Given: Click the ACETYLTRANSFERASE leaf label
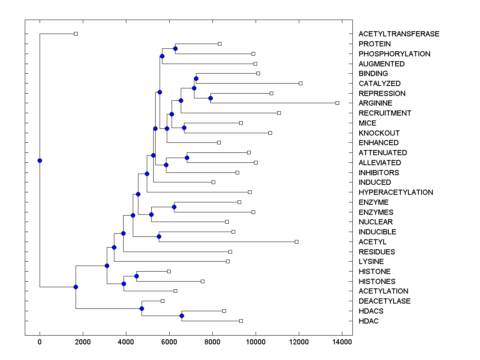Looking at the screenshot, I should coord(399,34).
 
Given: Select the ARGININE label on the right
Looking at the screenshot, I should coord(375,103).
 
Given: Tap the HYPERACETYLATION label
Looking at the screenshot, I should coord(396,192).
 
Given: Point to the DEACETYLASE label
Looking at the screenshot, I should coord(384,301).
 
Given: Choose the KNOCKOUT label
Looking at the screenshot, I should coord(379,133).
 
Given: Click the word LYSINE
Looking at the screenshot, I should coord(371,262).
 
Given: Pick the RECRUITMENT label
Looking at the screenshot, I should coord(385,113).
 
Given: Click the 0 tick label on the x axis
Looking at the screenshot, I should coord(40,342).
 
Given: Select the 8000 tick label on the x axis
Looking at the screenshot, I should coord(212,342).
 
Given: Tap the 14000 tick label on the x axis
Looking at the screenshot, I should coord(342,342).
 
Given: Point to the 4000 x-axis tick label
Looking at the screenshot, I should coord(126,342).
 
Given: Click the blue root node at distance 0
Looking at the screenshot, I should coord(40,160).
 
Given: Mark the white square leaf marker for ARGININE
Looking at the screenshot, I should coord(337,103).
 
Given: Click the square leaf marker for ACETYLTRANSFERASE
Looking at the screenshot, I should coord(76,34).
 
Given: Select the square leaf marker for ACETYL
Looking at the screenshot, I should coord(296,242).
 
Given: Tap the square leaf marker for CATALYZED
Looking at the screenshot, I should coord(300,83).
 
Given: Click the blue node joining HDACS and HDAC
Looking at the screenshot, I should coord(182,316).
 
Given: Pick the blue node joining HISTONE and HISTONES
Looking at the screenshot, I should coord(136,276).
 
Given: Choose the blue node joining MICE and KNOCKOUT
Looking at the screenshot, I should coord(184,128).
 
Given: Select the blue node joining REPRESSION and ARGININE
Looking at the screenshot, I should coord(210,98).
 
